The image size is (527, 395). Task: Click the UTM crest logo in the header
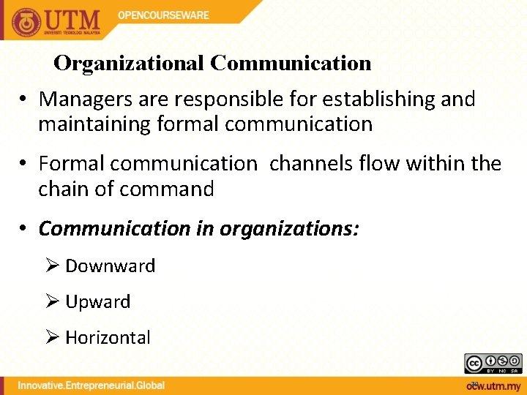26,21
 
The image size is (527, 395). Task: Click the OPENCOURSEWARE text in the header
163,15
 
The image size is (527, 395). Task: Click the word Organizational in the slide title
130,64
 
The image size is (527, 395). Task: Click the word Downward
111,266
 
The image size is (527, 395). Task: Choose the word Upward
98,301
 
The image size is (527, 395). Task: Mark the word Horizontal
108,337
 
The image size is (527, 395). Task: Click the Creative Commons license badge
493,363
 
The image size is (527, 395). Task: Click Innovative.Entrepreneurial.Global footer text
91,385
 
